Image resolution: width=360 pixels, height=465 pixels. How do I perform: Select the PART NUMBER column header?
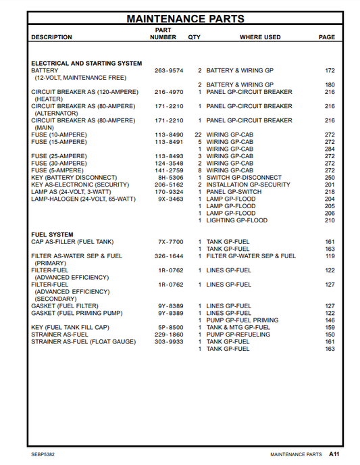pyautogui.click(x=163, y=34)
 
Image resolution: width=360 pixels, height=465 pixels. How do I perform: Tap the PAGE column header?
pyautogui.click(x=326, y=37)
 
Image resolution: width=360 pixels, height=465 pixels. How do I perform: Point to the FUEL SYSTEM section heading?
pyautogui.click(x=52, y=235)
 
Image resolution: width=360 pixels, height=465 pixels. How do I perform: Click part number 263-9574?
pyautogui.click(x=169, y=70)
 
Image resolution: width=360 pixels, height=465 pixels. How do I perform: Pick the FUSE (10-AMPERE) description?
pyautogui.click(x=58, y=135)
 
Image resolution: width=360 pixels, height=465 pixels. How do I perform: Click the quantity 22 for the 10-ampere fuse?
pyautogui.click(x=198, y=135)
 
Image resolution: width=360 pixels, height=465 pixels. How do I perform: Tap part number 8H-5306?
pyautogui.click(x=170, y=178)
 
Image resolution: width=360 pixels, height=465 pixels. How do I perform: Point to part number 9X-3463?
pyautogui.click(x=170, y=199)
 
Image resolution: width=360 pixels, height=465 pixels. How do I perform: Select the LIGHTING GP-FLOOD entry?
pyautogui.click(x=236, y=220)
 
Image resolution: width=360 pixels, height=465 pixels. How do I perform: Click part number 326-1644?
pyautogui.click(x=169, y=256)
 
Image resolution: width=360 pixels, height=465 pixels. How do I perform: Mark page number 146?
pyautogui.click(x=330, y=320)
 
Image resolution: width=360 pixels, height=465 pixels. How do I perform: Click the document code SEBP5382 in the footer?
pyautogui.click(x=43, y=454)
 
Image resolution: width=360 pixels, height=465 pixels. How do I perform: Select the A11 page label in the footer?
pyautogui.click(x=334, y=454)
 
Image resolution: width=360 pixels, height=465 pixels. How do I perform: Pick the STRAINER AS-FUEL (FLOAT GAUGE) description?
pyautogui.click(x=83, y=342)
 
